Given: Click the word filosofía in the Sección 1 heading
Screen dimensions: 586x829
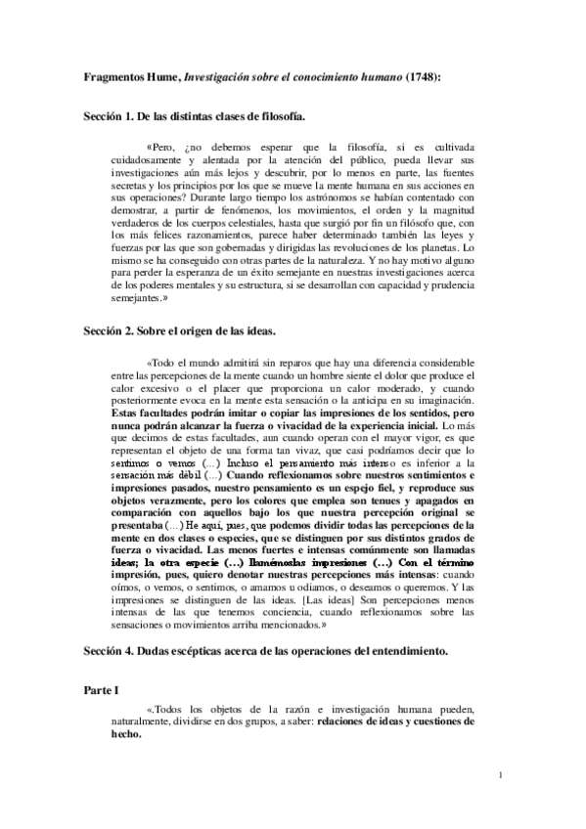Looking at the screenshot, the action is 277,115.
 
